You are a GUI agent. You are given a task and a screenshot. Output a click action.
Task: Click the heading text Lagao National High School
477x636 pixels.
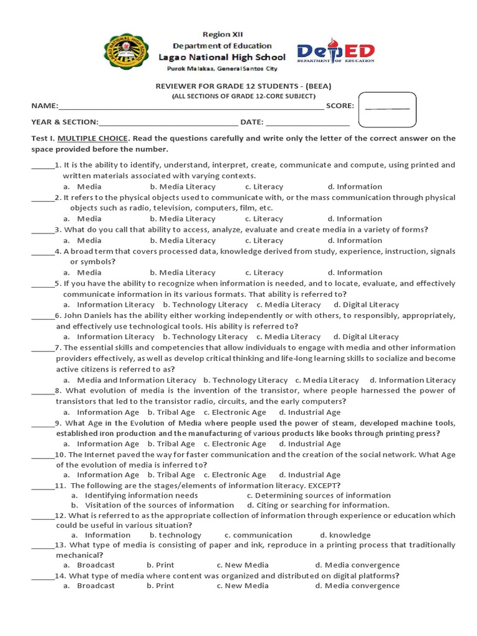point(222,57)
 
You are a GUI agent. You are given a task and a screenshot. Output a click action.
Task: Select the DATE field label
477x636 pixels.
point(252,122)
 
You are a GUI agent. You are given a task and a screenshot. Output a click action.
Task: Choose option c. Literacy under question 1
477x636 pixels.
point(264,186)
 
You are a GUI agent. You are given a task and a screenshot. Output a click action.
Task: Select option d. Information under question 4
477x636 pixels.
point(355,273)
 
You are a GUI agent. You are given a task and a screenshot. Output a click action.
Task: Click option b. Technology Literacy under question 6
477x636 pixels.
point(205,337)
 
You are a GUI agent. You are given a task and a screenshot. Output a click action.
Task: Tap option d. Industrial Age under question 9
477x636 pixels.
point(309,444)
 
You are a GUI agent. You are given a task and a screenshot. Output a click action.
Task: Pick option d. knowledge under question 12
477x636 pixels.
point(345,535)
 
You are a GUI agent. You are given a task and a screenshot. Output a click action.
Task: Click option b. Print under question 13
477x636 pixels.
point(160,565)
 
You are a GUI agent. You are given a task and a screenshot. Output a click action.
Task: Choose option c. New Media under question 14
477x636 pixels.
point(242,586)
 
